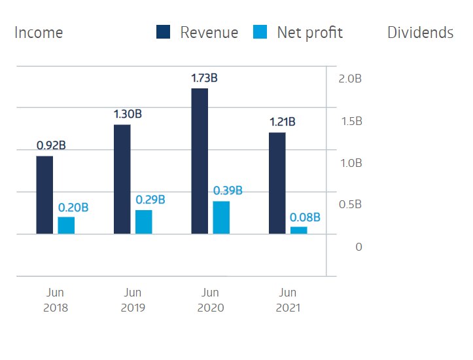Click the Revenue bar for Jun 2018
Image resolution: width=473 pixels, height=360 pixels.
(x=44, y=195)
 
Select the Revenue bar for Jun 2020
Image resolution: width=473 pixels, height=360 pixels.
(x=200, y=161)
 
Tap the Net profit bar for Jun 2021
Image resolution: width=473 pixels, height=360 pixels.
(x=299, y=230)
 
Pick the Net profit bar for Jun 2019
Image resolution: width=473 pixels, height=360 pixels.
(x=144, y=222)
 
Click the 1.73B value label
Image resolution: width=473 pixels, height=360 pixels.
(x=204, y=79)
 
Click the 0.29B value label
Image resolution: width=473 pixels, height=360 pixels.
(x=150, y=200)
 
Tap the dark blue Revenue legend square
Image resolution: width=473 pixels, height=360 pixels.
(x=163, y=32)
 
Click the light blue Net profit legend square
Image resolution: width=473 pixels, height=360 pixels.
(x=260, y=32)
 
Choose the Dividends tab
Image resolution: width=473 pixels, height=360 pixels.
(x=420, y=33)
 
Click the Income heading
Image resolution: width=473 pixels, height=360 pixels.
(x=39, y=33)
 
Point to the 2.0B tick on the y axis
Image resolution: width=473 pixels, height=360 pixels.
(x=350, y=79)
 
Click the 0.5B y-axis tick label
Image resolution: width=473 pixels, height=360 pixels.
(x=350, y=205)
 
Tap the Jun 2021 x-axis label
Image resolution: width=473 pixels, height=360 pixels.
(x=287, y=300)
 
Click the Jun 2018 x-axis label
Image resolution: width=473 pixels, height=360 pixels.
(x=55, y=300)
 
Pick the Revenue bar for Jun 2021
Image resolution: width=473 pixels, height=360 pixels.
(x=277, y=183)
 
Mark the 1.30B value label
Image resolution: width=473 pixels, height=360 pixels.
(x=128, y=115)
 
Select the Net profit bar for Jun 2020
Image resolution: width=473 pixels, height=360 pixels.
(x=221, y=217)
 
